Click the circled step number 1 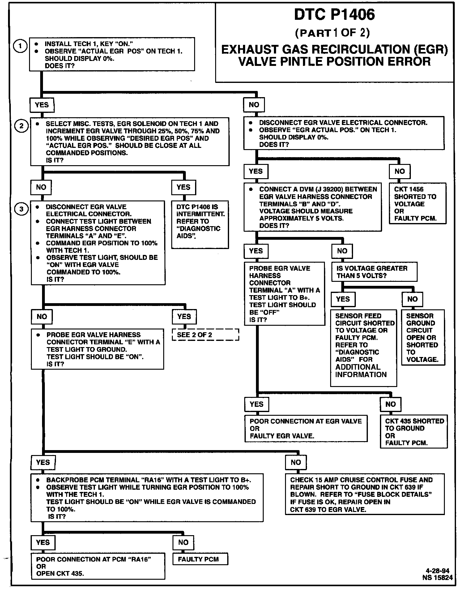click(20, 47)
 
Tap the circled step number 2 click(21, 126)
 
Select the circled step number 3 click(21, 209)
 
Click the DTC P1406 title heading click(334, 15)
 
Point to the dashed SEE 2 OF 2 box click(206, 335)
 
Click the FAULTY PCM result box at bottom click(200, 559)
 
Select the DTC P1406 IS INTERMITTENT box click(200, 225)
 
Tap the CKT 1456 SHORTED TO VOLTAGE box click(417, 203)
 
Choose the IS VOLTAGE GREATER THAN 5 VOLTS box click(374, 272)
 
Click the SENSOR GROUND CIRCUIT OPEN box click(423, 337)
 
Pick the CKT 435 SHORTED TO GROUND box click(414, 432)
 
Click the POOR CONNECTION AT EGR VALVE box click(306, 428)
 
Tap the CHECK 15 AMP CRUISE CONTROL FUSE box click(365, 494)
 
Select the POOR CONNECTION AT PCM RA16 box click(98, 566)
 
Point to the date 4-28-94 click(437, 571)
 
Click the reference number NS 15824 click(437, 578)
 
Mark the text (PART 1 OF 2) click(332, 33)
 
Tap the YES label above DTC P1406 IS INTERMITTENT click(184, 187)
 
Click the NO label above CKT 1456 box click(399, 171)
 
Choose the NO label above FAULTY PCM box click(183, 542)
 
